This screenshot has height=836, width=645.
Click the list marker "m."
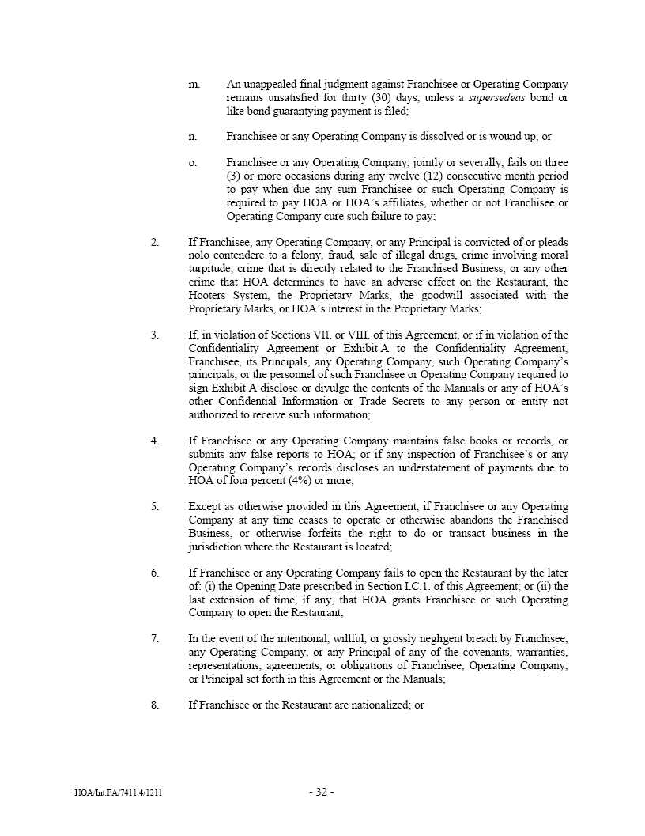coord(194,84)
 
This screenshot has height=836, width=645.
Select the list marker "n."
coord(193,137)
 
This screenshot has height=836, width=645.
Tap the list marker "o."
coord(193,163)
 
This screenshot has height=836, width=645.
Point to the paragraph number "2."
coord(155,242)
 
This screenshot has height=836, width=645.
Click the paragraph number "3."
coord(155,335)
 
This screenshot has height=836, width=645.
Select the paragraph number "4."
coord(155,441)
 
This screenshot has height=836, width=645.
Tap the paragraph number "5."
coord(155,507)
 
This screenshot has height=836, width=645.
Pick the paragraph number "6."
coord(155,573)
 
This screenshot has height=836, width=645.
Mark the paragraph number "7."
coord(155,639)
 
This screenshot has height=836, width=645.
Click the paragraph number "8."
coord(155,705)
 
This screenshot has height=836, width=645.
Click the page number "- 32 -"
coord(322,792)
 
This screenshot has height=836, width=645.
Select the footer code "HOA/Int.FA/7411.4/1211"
coord(116,793)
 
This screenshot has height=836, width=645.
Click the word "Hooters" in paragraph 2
coord(208,295)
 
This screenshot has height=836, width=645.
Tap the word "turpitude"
coord(209,269)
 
